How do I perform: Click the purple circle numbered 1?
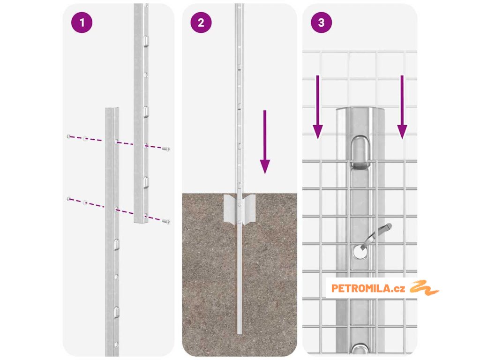click(x=82, y=22)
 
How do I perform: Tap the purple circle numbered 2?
click(x=201, y=22)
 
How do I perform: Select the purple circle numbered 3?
click(x=321, y=22)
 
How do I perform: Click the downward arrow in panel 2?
click(x=265, y=142)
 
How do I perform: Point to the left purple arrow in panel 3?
click(x=318, y=107)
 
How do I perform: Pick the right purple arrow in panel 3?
click(x=402, y=107)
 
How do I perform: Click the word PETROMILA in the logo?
click(x=360, y=288)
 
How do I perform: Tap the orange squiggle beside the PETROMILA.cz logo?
click(x=424, y=288)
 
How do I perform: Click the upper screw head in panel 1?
click(x=166, y=149)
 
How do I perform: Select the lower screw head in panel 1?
click(x=166, y=221)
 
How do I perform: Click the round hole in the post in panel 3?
click(x=360, y=252)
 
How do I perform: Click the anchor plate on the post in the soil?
click(x=240, y=209)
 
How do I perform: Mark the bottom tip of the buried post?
click(x=240, y=334)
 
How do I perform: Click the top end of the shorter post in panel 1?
click(x=112, y=108)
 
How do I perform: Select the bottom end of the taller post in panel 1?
click(x=141, y=222)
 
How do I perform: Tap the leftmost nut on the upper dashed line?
click(x=68, y=136)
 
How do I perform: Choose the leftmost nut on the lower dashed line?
click(x=68, y=199)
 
